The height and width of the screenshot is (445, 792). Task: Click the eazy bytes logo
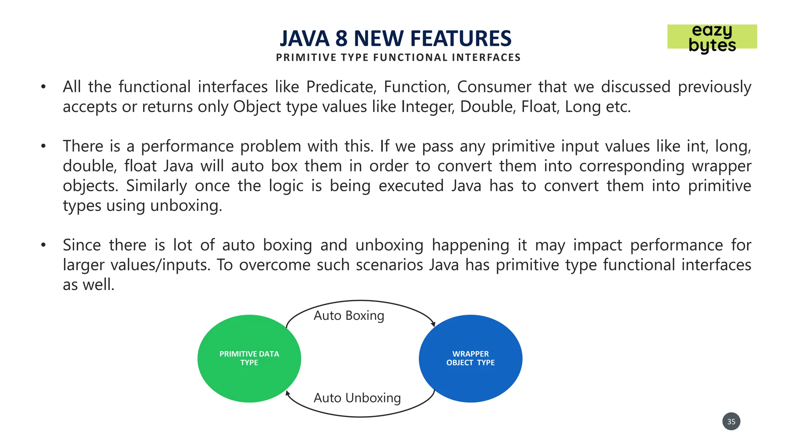712,37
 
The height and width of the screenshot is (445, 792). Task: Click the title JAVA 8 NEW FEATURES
396,38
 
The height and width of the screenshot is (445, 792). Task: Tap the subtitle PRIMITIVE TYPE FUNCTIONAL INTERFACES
398,58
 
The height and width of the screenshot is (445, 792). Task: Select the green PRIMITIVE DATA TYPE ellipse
249,358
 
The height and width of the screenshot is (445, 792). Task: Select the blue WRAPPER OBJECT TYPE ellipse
470,358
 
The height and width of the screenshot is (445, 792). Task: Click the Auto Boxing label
349,316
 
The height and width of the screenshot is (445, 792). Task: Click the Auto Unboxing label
357,398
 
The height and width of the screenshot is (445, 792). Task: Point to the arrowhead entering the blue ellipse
434,324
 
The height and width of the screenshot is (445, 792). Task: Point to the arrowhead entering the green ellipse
287,393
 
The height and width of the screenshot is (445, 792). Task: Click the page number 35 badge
731,421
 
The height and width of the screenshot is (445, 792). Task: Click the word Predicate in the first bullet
341,87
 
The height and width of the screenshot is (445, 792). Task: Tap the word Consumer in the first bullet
494,87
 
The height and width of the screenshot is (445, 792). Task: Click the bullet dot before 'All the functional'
43,87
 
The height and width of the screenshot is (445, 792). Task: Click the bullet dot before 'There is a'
43,146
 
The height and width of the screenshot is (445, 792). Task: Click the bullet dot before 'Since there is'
43,245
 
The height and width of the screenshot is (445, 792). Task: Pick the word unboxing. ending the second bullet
186,206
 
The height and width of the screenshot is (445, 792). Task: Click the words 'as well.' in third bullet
89,285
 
